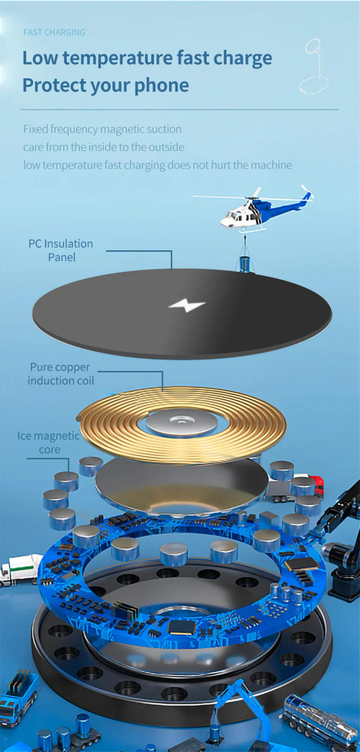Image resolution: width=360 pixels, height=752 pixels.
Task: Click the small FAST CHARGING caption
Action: click(x=54, y=32)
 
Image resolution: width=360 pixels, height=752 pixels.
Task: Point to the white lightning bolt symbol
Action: click(x=187, y=306)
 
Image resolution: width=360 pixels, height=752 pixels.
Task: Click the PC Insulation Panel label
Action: click(x=61, y=251)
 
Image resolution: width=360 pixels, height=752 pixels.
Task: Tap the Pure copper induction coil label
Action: click(x=61, y=374)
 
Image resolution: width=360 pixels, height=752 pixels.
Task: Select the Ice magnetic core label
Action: click(x=49, y=443)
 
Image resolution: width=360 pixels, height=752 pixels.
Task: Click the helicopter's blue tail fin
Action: click(x=307, y=197)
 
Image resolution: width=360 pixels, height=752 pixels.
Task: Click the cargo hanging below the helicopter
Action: click(x=246, y=264)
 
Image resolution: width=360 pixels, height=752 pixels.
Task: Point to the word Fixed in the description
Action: click(x=36, y=130)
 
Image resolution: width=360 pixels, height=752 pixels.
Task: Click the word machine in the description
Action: click(x=271, y=165)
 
